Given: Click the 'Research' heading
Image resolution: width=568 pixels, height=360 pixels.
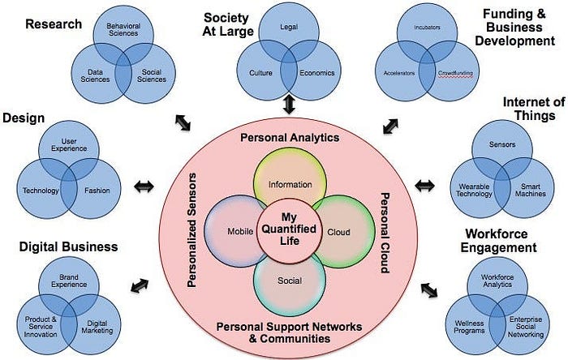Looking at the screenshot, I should (x=54, y=24).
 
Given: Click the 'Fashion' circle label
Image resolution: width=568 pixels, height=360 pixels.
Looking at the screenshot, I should (x=98, y=191).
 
